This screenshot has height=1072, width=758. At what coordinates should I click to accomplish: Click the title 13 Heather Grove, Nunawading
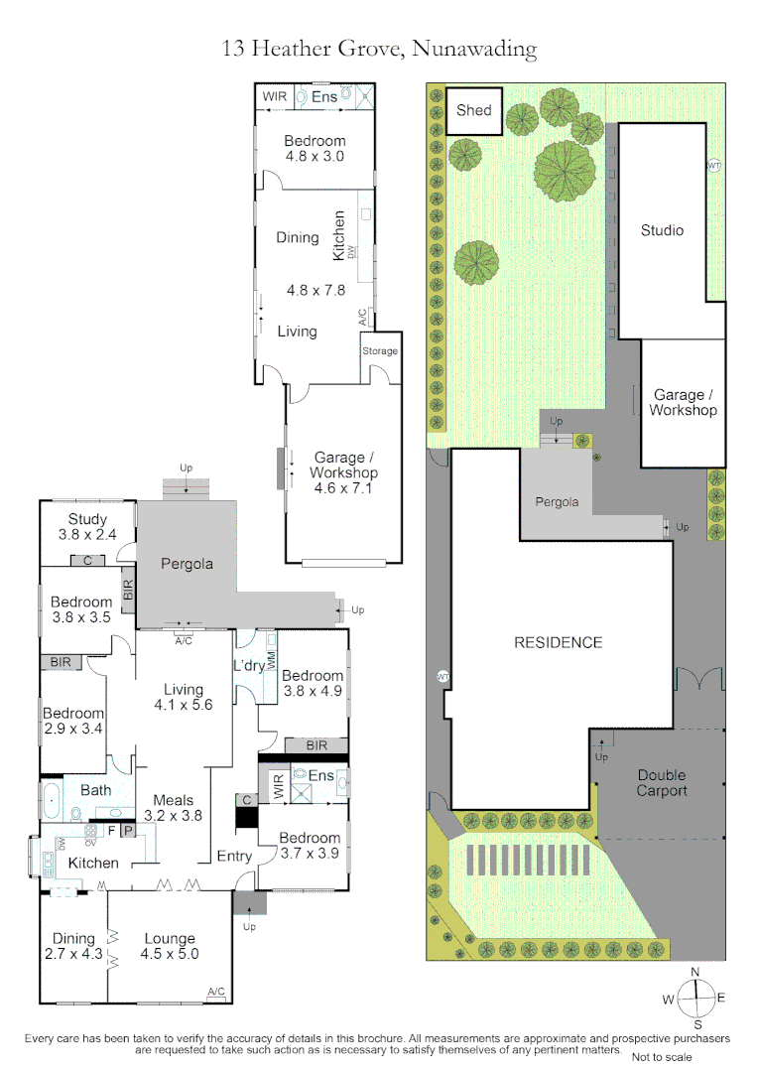379,48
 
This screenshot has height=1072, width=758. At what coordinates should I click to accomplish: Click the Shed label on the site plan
473,110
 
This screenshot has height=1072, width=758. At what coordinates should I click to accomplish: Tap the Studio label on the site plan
662,230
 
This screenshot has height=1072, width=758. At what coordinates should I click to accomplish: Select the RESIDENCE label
558,642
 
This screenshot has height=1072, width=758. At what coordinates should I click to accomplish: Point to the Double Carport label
662,783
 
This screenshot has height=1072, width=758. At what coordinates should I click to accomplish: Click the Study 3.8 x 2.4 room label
87,527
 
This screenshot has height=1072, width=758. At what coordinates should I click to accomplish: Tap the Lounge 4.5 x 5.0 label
170,946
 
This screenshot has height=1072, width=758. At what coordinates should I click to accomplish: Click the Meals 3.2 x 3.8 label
173,808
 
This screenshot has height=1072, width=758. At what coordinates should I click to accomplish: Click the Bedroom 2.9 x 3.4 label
73,721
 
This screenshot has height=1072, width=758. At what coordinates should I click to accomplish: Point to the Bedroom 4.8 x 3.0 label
315,148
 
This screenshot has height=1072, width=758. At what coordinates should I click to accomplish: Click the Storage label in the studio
379,351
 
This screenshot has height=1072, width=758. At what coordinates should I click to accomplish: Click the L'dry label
248,665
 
